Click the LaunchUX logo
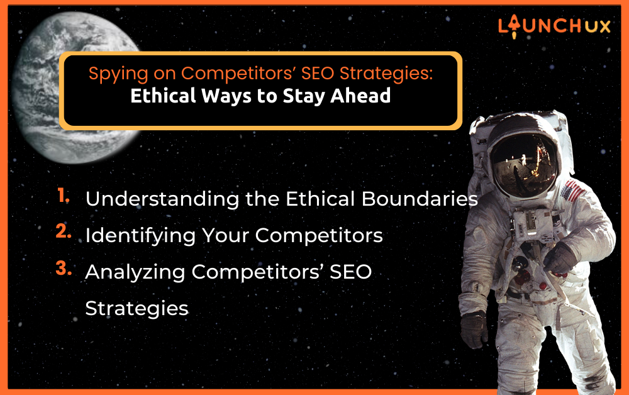(554, 26)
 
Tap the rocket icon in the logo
(514, 26)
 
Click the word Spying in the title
(113, 74)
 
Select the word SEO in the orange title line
(318, 73)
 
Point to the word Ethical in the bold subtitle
(164, 96)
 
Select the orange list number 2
(64, 231)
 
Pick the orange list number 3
(64, 268)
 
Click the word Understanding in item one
(162, 199)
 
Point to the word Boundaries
(420, 199)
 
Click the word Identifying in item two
(140, 236)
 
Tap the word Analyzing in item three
(135, 272)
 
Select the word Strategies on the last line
(136, 309)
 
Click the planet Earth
(76, 87)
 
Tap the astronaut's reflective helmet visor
(523, 165)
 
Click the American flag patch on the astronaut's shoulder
(571, 191)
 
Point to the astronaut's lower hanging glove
(474, 329)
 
